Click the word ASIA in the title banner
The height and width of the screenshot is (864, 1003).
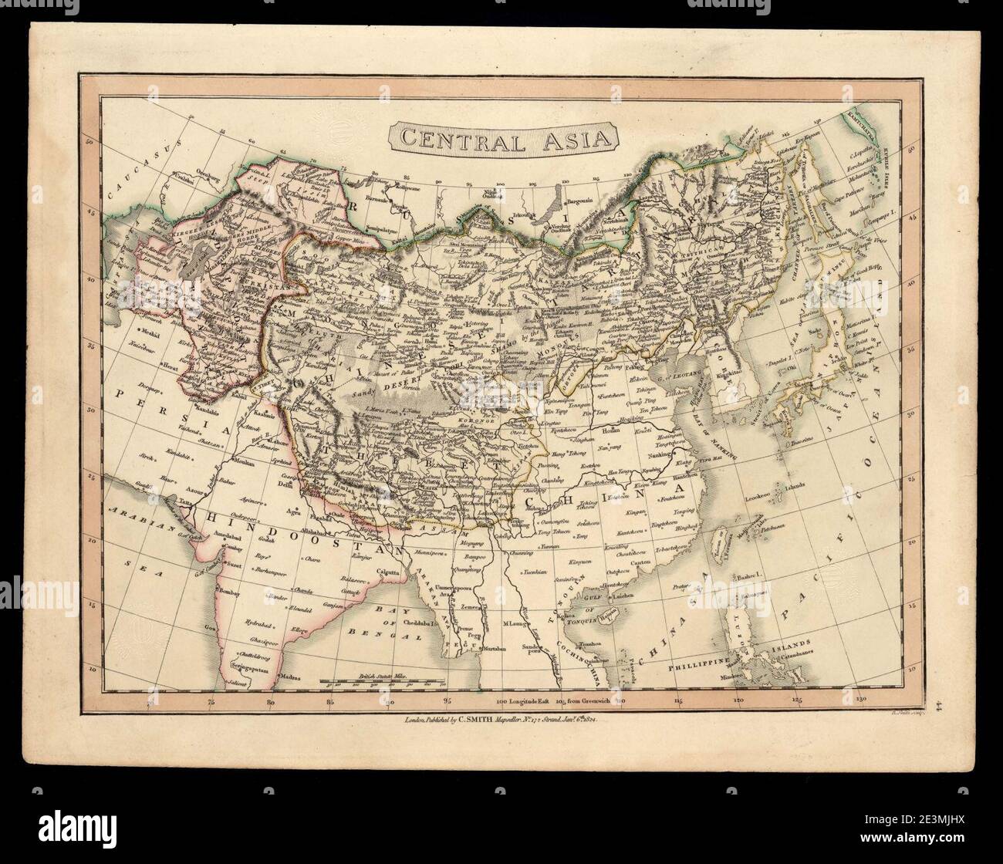pyautogui.click(x=570, y=140)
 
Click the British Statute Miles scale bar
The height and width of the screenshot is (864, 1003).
pyautogui.click(x=382, y=682)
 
